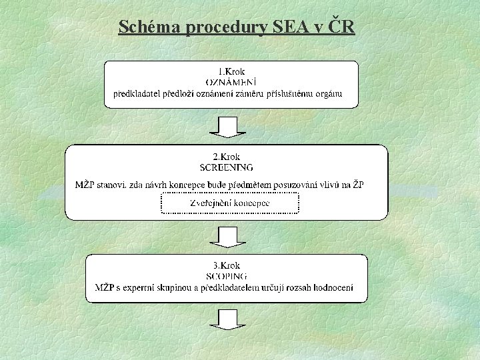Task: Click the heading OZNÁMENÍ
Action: click(x=231, y=81)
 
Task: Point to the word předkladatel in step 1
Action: click(x=138, y=93)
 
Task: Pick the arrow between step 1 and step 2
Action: click(x=228, y=127)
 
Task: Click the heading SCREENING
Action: click(x=227, y=167)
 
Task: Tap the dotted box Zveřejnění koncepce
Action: click(x=229, y=203)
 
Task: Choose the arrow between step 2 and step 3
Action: click(x=228, y=237)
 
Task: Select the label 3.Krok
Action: click(x=226, y=265)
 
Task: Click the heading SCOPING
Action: click(x=227, y=275)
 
